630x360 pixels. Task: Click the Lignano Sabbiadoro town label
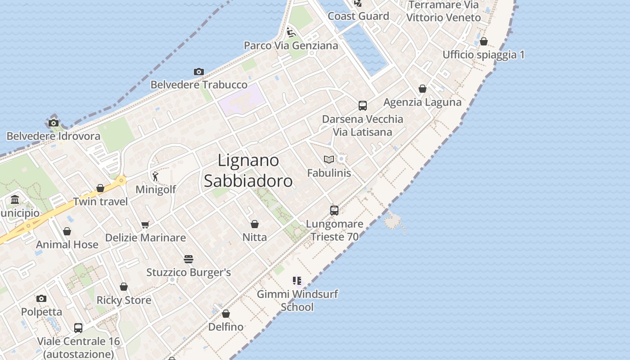click(248, 171)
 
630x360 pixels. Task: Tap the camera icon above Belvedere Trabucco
click(199, 72)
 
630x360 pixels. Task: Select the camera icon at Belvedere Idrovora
click(54, 123)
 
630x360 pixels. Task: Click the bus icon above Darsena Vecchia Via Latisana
click(363, 106)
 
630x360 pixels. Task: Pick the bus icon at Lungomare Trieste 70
click(334, 210)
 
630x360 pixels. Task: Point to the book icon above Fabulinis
click(329, 159)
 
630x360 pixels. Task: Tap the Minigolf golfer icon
click(155, 176)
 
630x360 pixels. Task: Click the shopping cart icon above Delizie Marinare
click(145, 225)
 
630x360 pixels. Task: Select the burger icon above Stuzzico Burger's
click(189, 259)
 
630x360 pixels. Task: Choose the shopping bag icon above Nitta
click(255, 224)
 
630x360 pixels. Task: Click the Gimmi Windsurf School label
click(297, 301)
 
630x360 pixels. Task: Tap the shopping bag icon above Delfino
click(226, 314)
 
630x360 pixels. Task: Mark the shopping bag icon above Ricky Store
click(124, 287)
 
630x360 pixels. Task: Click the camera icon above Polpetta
click(41, 298)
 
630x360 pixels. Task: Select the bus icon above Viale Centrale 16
click(78, 328)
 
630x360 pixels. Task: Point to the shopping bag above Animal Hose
click(67, 232)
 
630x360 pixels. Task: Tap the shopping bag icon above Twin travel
click(100, 188)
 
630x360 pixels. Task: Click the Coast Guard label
click(358, 16)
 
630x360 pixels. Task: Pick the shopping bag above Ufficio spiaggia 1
click(484, 42)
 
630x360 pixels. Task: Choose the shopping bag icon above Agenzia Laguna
click(423, 89)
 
